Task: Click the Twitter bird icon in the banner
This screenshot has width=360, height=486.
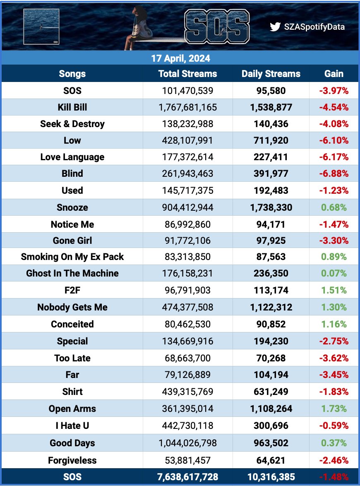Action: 275,27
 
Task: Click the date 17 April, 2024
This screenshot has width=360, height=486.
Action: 180,58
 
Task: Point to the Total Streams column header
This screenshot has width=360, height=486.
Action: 187,74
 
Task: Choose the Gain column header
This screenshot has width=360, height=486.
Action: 334,74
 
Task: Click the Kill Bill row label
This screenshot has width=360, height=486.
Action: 72,107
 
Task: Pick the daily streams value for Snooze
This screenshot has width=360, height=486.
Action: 271,207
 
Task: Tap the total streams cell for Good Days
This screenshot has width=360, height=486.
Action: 187,443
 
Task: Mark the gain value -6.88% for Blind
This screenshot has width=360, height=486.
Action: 334,174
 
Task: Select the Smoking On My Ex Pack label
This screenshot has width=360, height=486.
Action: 72,257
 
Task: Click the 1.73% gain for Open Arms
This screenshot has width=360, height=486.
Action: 334,409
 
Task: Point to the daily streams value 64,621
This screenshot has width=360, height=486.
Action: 271,460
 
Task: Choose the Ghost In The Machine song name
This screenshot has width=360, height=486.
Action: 72,273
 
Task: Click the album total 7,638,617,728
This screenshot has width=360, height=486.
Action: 187,477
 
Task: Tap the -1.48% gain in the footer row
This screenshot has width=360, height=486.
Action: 334,477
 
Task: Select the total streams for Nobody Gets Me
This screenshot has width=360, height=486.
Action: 187,307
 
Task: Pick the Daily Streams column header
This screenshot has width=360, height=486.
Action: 271,74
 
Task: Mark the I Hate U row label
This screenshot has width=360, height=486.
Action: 72,426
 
